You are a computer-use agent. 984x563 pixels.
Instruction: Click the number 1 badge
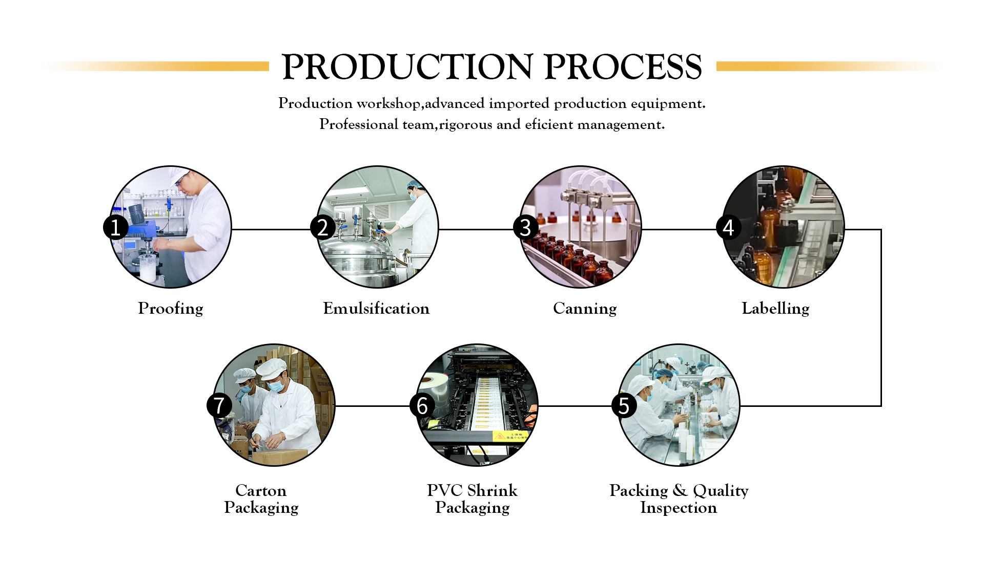tap(116, 227)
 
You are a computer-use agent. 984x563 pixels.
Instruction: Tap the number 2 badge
tap(322, 227)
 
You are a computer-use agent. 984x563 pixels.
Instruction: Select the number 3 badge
tap(525, 227)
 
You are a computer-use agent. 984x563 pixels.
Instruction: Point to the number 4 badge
tap(728, 227)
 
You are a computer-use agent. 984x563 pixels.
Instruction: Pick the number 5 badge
tap(624, 405)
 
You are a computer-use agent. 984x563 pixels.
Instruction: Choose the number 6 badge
tap(422, 405)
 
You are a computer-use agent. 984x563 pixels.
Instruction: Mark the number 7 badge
tap(219, 405)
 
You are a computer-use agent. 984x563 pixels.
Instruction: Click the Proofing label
tap(171, 309)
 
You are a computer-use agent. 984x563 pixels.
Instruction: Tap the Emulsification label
tap(376, 309)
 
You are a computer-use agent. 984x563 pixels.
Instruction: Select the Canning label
tap(585, 309)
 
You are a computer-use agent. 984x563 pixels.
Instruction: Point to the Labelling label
tap(775, 309)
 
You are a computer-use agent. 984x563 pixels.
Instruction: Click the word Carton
tap(261, 490)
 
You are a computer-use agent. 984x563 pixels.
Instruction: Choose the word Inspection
tap(679, 508)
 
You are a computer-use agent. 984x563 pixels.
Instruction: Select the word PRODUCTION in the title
tap(407, 67)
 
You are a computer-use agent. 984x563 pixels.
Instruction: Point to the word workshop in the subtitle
tap(388, 103)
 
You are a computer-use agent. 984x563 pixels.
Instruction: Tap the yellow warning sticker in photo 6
tap(509, 436)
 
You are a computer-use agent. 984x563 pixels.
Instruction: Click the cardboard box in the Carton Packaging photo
tap(279, 457)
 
